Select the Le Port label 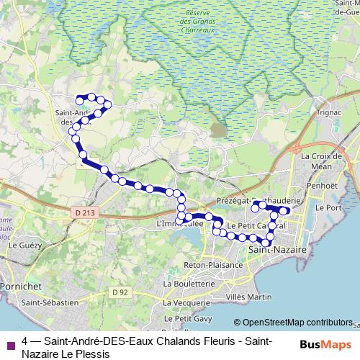(x=333, y=207)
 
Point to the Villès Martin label (x=248, y=297)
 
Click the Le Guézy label (x=22, y=246)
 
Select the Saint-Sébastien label (x=49, y=303)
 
